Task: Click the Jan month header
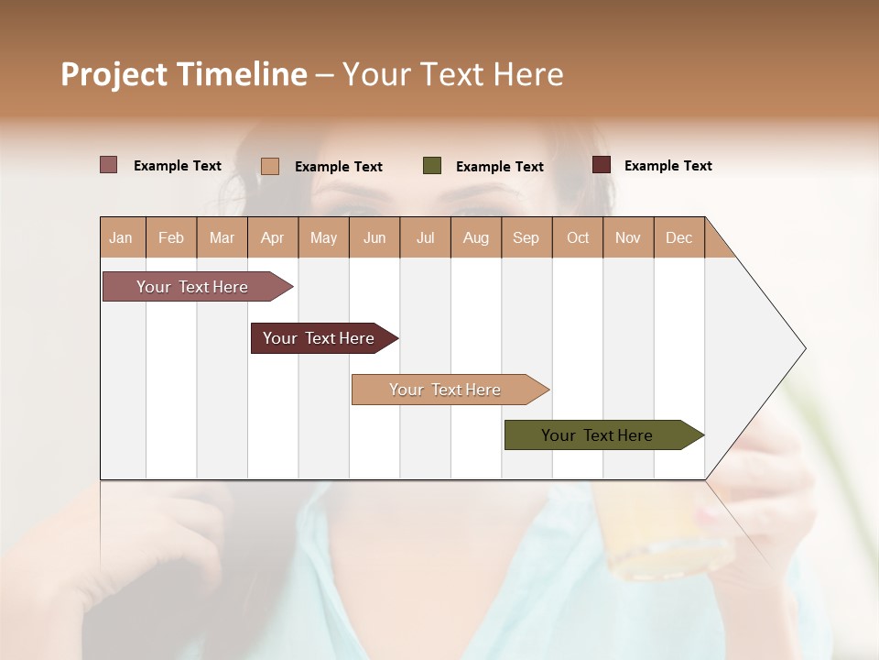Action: [x=121, y=237]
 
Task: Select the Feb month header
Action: [x=171, y=237]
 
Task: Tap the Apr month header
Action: [x=272, y=237]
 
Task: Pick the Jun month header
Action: [x=374, y=237]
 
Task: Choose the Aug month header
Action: [x=475, y=237]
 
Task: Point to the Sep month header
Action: [x=526, y=237]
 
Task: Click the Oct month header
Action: [x=578, y=237]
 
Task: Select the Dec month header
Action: [x=678, y=237]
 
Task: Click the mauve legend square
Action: [x=109, y=165]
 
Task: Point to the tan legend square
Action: [x=270, y=166]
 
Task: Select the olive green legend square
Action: [x=432, y=166]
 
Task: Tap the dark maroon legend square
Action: [x=602, y=165]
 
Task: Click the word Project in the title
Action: [x=114, y=74]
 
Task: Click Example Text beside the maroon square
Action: [x=667, y=166]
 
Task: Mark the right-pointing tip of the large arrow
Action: [x=804, y=348]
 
